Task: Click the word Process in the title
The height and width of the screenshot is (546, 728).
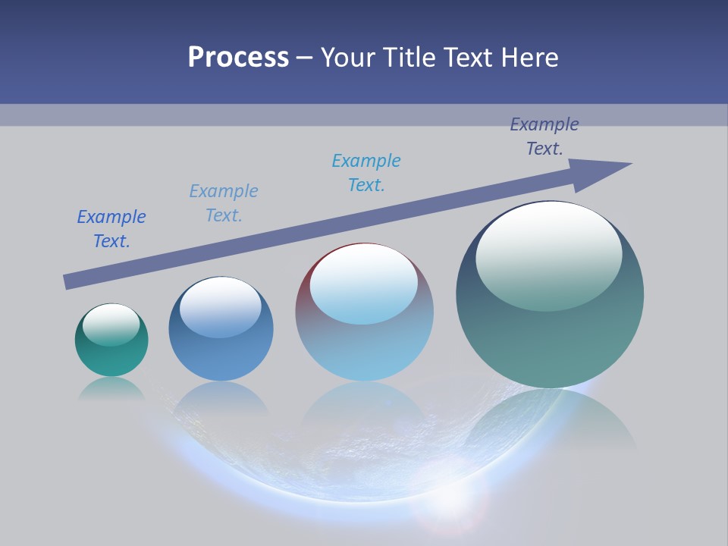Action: tap(238, 58)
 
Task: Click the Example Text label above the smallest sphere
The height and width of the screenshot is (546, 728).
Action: tap(111, 229)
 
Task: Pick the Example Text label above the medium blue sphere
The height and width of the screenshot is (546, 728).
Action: tap(224, 203)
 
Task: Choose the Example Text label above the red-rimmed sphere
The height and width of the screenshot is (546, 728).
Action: tap(366, 173)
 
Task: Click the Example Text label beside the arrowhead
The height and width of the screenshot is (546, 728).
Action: tap(544, 136)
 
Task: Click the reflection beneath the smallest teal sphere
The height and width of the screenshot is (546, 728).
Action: tap(111, 388)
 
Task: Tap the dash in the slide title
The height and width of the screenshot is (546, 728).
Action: tap(305, 58)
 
